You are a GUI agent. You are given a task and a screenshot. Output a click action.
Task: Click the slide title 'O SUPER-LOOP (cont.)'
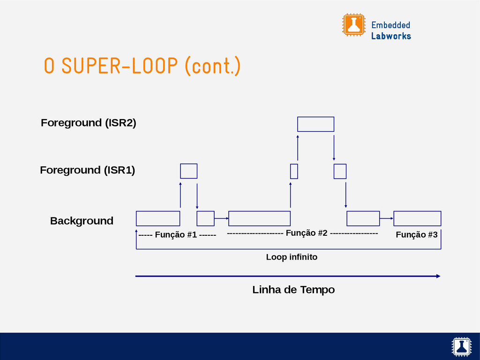[142, 66]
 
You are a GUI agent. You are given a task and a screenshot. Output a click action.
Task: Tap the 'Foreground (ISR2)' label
[88, 123]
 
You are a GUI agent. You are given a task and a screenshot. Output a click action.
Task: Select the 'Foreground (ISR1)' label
[87, 170]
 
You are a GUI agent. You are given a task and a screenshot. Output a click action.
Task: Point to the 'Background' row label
[82, 221]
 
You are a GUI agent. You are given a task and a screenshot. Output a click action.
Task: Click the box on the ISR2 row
[315, 124]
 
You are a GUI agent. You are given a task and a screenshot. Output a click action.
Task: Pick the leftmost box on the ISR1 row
[188, 171]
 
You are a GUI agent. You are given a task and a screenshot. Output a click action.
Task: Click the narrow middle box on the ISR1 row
[294, 172]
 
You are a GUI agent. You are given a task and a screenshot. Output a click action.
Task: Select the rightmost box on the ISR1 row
[340, 172]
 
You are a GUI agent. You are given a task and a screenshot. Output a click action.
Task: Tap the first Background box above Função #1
[158, 218]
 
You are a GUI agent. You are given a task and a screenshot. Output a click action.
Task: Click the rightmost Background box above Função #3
[417, 218]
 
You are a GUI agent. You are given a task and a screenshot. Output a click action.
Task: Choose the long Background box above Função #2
[259, 218]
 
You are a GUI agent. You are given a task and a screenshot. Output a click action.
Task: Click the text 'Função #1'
[176, 235]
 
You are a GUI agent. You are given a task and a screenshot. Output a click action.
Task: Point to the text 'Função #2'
[306, 233]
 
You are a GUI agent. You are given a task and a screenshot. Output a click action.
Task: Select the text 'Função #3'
[417, 235]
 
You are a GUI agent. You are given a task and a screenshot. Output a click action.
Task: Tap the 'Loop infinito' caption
[292, 257]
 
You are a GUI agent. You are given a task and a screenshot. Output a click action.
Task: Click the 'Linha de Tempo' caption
[293, 290]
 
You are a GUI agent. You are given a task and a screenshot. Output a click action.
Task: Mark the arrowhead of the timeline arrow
[438, 276]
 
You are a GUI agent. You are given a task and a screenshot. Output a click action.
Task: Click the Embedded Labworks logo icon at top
[353, 24]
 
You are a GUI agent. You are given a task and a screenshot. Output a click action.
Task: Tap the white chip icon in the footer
[461, 346]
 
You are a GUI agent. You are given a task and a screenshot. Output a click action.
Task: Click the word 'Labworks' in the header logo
[391, 36]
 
